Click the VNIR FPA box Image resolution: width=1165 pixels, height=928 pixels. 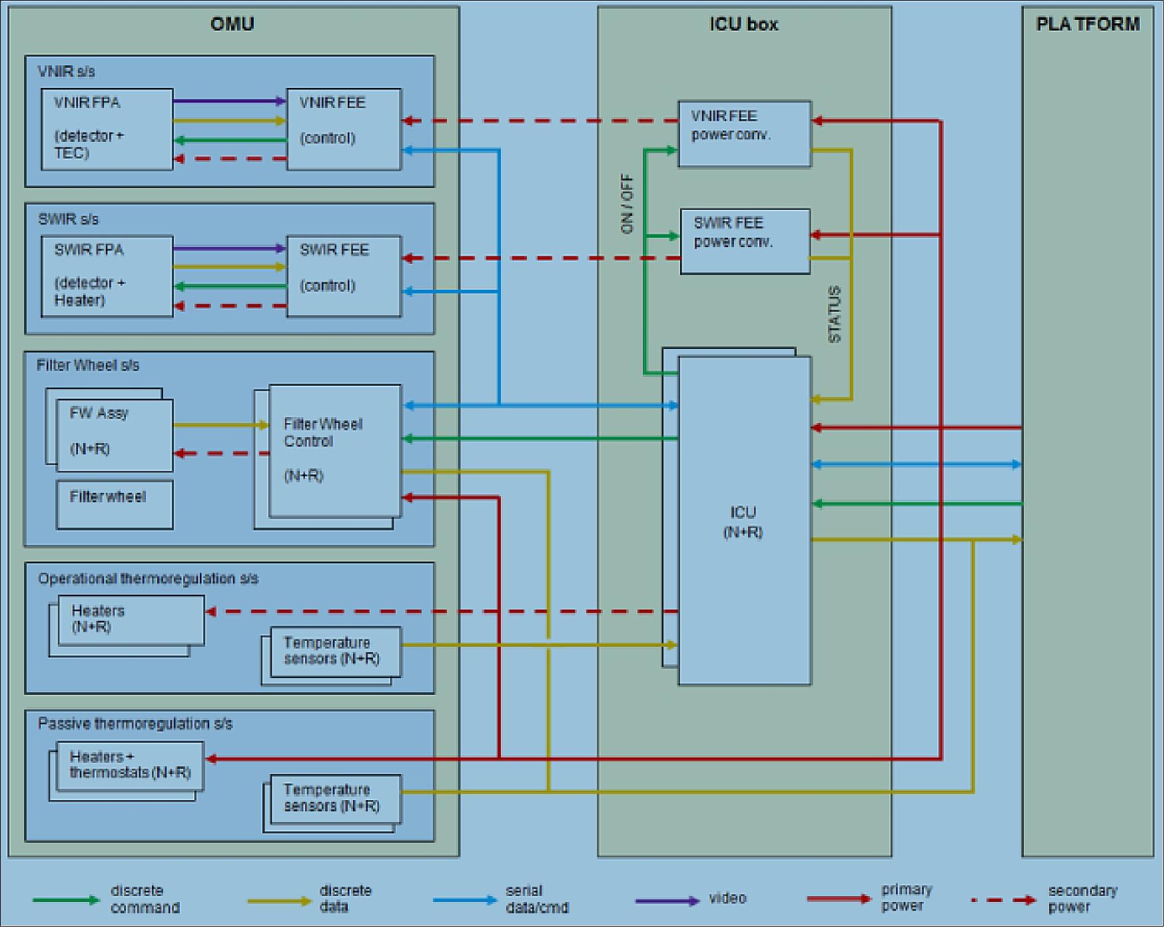pos(107,129)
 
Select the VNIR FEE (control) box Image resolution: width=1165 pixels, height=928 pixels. pos(344,129)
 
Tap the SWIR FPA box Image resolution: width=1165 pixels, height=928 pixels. pos(107,276)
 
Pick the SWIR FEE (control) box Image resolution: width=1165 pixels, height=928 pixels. pos(344,276)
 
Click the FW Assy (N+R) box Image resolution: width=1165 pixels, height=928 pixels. pos(115,435)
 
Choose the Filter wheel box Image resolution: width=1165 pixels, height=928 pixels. pos(115,504)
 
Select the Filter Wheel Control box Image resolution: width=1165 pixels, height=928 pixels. pos(334,450)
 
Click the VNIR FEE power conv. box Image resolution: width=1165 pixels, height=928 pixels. pos(744,133)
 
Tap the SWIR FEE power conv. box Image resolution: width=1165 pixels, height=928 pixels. pos(745,241)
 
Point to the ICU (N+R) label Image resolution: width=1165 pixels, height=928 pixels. pos(743,522)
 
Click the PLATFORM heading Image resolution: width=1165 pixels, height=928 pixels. pos(1088,24)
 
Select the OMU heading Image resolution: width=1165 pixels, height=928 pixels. pos(232,24)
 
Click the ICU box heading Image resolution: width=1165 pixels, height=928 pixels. pos(743,24)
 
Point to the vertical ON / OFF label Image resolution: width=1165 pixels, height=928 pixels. pos(627,204)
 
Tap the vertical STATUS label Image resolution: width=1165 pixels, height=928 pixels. pos(834,314)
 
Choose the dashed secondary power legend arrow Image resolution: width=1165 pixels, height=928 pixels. pos(1003,901)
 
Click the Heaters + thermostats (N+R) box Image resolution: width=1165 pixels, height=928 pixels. pos(130,765)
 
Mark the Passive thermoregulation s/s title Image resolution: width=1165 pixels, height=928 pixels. pos(135,724)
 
